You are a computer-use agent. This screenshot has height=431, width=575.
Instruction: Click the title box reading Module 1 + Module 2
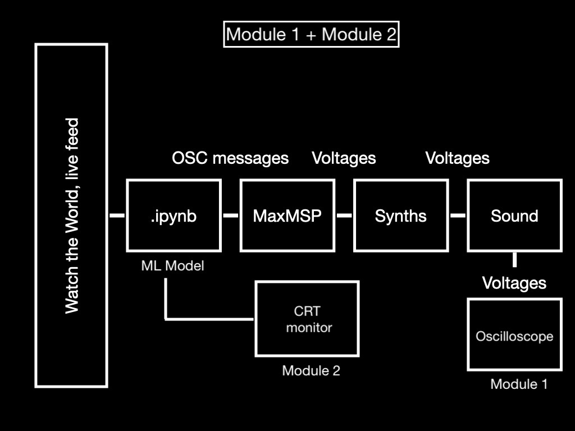pos(311,34)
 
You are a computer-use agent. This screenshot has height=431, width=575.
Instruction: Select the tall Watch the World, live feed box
pos(71,216)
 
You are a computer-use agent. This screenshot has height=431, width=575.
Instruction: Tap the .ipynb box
pos(174,215)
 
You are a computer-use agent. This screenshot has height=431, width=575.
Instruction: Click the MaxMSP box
pos(287,215)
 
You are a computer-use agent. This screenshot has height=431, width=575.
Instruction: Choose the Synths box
pos(400,215)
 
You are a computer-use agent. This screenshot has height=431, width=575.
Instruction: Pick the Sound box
pos(514,215)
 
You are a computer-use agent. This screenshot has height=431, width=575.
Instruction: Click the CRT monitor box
pos(307,319)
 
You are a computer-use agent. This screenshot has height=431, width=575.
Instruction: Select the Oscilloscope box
pos(514,335)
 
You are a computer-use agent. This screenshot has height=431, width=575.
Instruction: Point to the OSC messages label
pos(230,158)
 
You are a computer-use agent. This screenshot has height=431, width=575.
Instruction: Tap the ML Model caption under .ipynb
pos(172,265)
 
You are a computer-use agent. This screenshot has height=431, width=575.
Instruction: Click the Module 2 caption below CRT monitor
pos(311,370)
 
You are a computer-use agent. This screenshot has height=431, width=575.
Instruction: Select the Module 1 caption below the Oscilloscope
pos(519,384)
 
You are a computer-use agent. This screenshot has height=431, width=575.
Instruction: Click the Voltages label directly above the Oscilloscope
pos(514,283)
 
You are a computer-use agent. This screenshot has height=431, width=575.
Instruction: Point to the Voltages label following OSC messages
pos(344,158)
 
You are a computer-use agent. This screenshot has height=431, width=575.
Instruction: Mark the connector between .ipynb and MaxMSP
pos(230,215)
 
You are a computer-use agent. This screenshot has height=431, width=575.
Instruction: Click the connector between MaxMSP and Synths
pos(344,215)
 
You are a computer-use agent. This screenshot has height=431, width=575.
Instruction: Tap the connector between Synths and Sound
pos(458,215)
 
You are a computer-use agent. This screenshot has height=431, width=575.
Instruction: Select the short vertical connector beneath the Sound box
pos(514,260)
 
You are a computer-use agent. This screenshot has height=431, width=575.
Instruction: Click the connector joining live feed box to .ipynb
pos(117,215)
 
